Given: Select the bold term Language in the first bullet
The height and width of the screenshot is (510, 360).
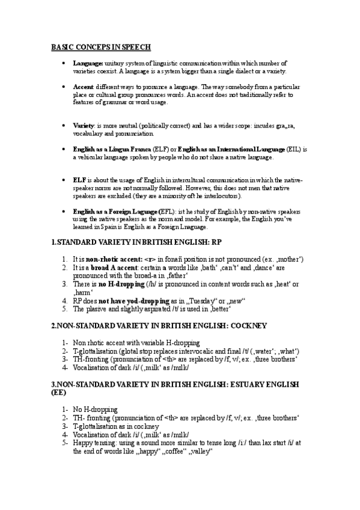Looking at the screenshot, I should coord(88,63).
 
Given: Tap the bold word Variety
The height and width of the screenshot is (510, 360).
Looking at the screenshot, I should coord(84,126).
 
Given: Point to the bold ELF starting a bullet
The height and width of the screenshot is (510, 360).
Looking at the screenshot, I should coord(79,180).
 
